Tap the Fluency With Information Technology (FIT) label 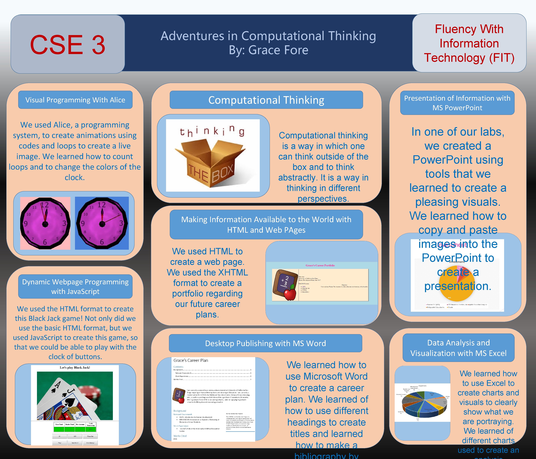click(x=469, y=43)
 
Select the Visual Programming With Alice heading click(x=75, y=100)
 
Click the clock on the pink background click(x=45, y=223)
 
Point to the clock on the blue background click(x=102, y=223)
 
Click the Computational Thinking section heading click(x=266, y=100)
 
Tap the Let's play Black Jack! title click(x=75, y=367)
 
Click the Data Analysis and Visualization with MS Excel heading click(x=458, y=348)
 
